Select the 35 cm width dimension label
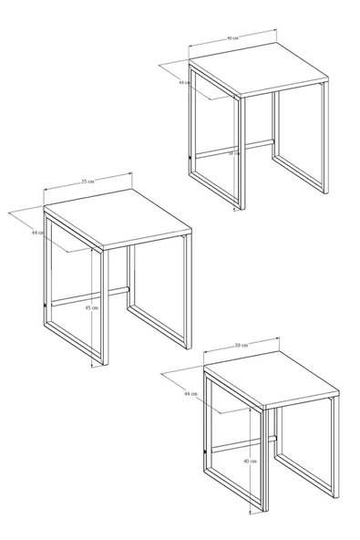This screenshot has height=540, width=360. click(x=87, y=182)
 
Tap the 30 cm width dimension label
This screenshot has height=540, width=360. click(x=242, y=346)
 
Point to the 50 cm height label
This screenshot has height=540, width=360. click(x=234, y=153)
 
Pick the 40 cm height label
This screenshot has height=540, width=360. click(x=249, y=462)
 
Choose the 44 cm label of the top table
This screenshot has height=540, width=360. click(x=184, y=82)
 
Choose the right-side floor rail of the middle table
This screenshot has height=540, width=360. click(x=158, y=328)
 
